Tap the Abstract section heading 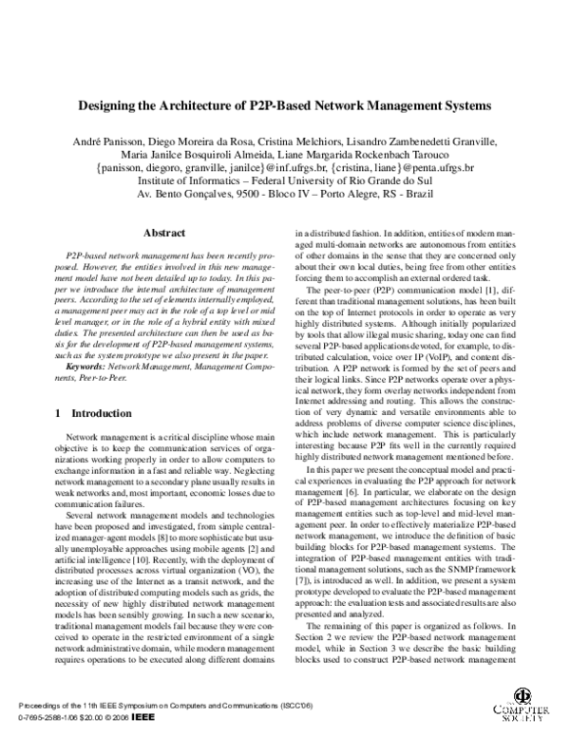coord(163,232)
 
